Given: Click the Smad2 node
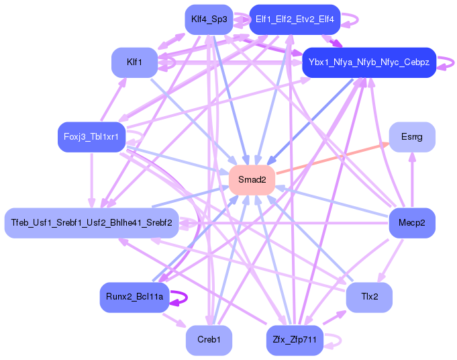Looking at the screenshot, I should click(252, 180).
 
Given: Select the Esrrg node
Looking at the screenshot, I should click(412, 137).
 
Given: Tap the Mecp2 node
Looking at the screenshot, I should click(412, 223).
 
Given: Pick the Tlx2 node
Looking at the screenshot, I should click(369, 297).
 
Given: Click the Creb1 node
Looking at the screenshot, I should click(209, 340).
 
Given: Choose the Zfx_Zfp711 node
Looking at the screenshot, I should click(295, 340).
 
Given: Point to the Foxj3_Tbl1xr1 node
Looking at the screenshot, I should click(91, 137).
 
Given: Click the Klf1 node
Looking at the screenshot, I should click(134, 62).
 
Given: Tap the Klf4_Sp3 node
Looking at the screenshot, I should click(209, 19).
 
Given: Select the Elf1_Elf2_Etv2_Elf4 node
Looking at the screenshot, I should click(295, 19).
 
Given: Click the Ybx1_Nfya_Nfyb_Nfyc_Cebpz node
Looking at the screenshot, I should click(369, 62).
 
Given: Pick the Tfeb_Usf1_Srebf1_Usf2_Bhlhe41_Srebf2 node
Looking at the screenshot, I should click(91, 223).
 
